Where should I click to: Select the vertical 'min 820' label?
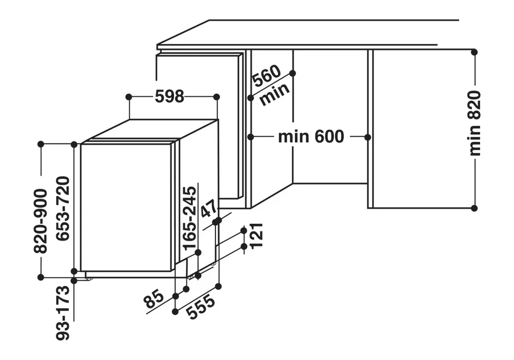click(x=474, y=123)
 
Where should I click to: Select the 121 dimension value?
click(x=256, y=236)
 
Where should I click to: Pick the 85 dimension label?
click(x=154, y=298)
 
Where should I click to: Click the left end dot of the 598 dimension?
click(x=128, y=97)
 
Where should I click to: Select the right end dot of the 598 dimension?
click(x=216, y=97)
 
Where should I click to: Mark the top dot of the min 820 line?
click(x=474, y=52)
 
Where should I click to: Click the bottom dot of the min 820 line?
click(x=474, y=208)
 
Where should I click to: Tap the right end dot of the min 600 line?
click(x=368, y=137)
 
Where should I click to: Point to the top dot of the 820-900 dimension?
click(x=41, y=145)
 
